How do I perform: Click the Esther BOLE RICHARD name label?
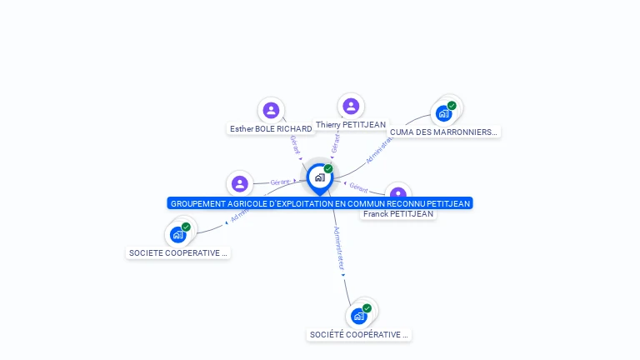[x=271, y=129]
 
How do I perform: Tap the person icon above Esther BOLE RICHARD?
[x=271, y=110]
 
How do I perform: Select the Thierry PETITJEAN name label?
[x=351, y=125]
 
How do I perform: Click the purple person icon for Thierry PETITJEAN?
[x=351, y=106]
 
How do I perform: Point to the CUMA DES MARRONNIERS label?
[x=443, y=132]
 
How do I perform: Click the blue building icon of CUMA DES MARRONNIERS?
[x=443, y=113]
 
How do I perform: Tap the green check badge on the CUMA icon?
[x=452, y=106]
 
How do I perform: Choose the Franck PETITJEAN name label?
[x=398, y=214]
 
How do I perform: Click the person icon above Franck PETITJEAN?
[x=399, y=194]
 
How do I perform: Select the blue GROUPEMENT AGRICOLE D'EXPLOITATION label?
[x=320, y=203]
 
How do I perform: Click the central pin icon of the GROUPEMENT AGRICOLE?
[x=319, y=177]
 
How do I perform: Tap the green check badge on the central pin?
[x=328, y=169]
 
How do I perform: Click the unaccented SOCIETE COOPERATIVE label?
[x=177, y=252]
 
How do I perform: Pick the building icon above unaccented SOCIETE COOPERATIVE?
[x=177, y=234]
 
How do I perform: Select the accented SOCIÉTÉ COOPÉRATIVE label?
[x=359, y=334]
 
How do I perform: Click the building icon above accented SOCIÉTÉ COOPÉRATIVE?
[x=358, y=316]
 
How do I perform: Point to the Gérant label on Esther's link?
[x=295, y=143]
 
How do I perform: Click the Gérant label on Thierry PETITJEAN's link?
[x=335, y=142]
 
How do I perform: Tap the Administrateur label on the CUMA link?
[x=378, y=148]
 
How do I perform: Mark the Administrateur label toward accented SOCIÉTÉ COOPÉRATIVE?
[x=338, y=247]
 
